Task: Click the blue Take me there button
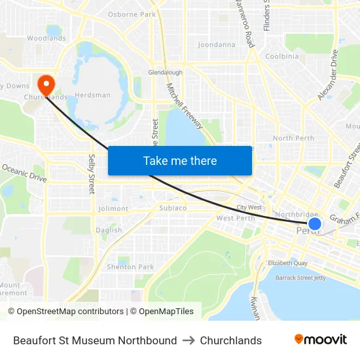tap(179, 160)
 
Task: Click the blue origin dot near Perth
tap(314, 224)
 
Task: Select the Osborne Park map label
tap(132, 14)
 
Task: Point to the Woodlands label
tap(46, 38)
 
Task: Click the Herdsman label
tap(92, 95)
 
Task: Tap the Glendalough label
tap(165, 73)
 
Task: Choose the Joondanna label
tap(216, 45)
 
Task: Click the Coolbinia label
tap(281, 56)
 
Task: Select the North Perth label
tap(293, 138)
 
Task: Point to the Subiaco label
tap(173, 208)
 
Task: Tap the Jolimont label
tap(113, 209)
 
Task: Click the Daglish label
tap(109, 230)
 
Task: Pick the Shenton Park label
tap(130, 267)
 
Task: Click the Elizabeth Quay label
tap(287, 263)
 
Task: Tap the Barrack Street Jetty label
tap(300, 278)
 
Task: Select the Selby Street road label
tap(92, 174)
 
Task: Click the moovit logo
tap(320, 340)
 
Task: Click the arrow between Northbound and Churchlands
tap(189, 340)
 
